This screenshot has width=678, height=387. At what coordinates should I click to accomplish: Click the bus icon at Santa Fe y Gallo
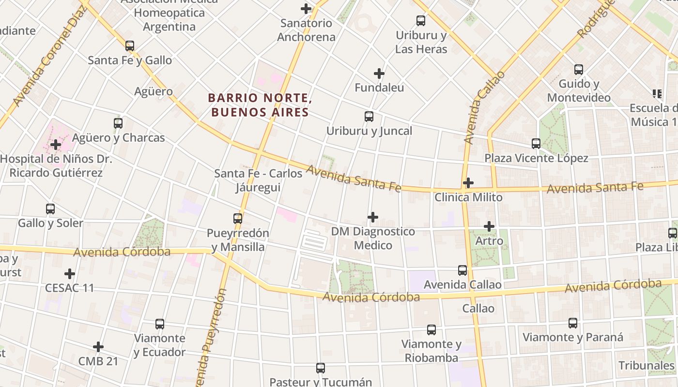click(x=130, y=46)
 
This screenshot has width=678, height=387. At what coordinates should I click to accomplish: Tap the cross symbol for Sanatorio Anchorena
click(x=306, y=8)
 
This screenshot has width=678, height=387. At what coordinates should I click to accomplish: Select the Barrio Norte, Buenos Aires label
click(x=260, y=105)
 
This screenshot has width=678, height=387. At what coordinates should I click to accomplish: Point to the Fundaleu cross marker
click(x=379, y=74)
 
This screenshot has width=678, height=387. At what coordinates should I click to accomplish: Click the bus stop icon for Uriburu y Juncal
click(x=369, y=117)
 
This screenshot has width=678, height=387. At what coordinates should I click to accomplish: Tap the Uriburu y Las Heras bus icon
click(x=421, y=21)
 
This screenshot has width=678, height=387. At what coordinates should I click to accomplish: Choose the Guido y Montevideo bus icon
click(x=579, y=70)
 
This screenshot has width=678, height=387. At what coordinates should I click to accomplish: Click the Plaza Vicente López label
click(x=536, y=158)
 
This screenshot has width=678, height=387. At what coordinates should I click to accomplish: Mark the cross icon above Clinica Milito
click(x=468, y=183)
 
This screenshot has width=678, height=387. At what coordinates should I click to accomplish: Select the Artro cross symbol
click(x=489, y=226)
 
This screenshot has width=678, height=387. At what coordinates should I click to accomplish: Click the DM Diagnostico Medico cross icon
click(x=373, y=217)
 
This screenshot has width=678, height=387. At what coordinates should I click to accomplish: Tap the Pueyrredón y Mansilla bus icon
click(x=238, y=219)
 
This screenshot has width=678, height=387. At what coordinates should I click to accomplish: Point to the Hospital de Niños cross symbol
click(x=56, y=144)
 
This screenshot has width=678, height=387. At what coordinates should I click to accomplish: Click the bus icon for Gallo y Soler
click(x=50, y=209)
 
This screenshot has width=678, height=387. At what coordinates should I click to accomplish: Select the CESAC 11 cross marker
click(x=70, y=274)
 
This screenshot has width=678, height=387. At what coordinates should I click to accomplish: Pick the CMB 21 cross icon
click(x=98, y=347)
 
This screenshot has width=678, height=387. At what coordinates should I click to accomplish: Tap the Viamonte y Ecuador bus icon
click(x=160, y=324)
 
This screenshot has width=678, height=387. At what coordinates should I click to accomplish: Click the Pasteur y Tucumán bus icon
click(x=321, y=368)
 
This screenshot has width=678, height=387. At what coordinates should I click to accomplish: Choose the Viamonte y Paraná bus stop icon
click(x=573, y=323)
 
